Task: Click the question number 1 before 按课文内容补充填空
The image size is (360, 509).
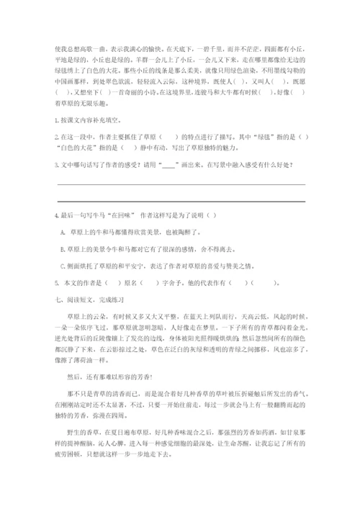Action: click(55, 119)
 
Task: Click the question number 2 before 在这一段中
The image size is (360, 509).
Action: click(55, 136)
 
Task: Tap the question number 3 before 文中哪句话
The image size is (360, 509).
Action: click(55, 166)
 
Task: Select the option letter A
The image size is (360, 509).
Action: click(63, 232)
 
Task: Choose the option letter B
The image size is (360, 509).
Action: click(63, 248)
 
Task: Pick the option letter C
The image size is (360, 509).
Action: click(63, 265)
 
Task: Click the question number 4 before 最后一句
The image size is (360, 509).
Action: click(55, 216)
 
